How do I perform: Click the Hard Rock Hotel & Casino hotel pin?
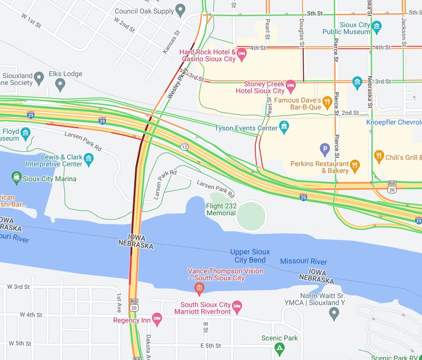point(242,54)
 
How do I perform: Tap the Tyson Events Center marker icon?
point(284,127)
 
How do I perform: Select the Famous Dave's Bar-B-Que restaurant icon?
point(327,102)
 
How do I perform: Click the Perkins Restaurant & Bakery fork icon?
point(355,166)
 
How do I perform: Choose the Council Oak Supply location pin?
point(181,10)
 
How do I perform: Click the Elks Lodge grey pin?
point(61,84)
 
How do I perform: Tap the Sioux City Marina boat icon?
point(17,178)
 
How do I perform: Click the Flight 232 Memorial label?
point(221,209)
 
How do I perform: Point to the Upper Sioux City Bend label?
point(250,255)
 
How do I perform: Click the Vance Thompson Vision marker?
point(199,288)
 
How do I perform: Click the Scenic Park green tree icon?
point(279,347)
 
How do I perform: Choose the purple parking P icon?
point(325,148)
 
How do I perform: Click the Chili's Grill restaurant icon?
point(379,156)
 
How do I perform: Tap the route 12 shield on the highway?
point(184,146)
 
